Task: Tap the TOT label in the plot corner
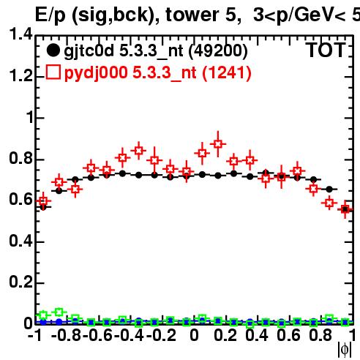[x=326, y=50]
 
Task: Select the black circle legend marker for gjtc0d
[x=53, y=50]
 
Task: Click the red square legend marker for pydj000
[x=53, y=72]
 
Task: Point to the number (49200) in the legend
[x=218, y=50]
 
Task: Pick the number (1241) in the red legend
[x=227, y=72]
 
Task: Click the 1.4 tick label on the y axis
[x=20, y=34]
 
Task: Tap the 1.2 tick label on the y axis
[x=20, y=75]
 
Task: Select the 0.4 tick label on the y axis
[x=20, y=241]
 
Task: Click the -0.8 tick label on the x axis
[x=67, y=335]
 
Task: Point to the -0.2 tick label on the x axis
[x=161, y=335]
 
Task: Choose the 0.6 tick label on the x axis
[x=288, y=335]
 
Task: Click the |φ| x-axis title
[x=345, y=350]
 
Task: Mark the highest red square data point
[x=218, y=144]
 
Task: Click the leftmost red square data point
[x=43, y=201]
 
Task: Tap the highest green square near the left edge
[x=59, y=312]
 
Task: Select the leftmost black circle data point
[x=43, y=207]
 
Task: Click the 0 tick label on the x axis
[x=194, y=335]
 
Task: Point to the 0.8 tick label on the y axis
[x=20, y=158]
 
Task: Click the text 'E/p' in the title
[x=50, y=15]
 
